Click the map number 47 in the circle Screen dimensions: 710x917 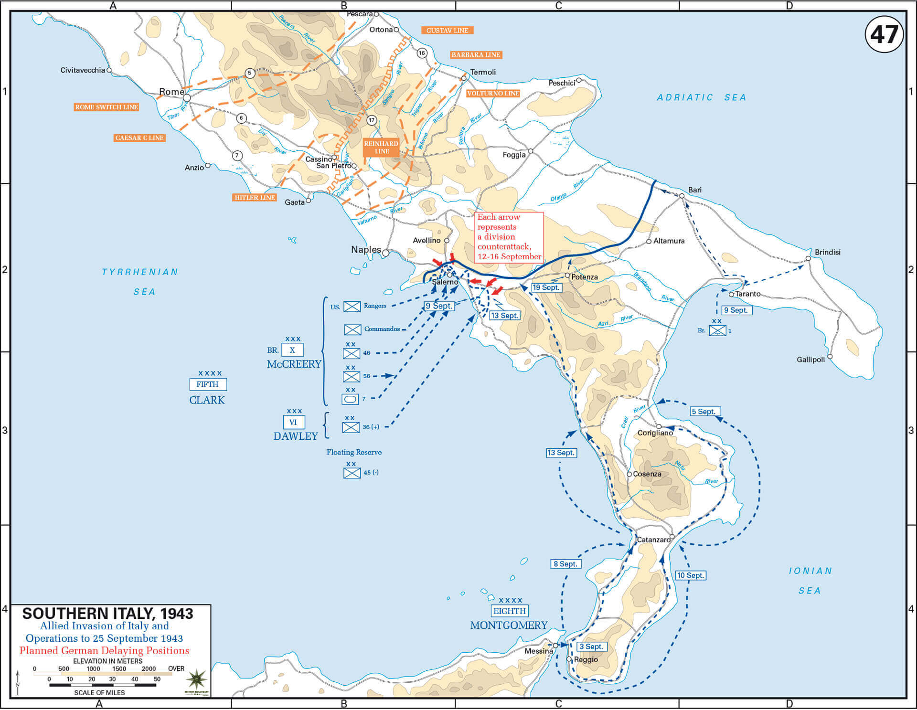pyautogui.click(x=884, y=34)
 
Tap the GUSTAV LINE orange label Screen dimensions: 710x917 pyautogui.click(x=447, y=30)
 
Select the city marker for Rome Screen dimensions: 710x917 pyautogui.click(x=187, y=98)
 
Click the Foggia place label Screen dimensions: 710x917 pyautogui.click(x=514, y=155)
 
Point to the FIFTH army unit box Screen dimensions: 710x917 pyautogui.click(x=208, y=384)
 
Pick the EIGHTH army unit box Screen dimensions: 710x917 pyautogui.click(x=510, y=611)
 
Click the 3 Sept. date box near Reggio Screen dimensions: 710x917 pyautogui.click(x=592, y=646)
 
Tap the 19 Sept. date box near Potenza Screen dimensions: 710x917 pyautogui.click(x=546, y=287)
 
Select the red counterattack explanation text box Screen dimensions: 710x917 pyautogui.click(x=510, y=237)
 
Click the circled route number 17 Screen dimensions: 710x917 pyautogui.click(x=372, y=120)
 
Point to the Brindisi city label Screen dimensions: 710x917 pyautogui.click(x=828, y=252)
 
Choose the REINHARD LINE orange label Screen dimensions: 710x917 pyautogui.click(x=381, y=147)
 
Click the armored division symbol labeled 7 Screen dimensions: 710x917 pyautogui.click(x=351, y=399)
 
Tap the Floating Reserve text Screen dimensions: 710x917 pyautogui.click(x=354, y=452)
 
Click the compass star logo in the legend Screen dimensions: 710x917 pyautogui.click(x=197, y=679)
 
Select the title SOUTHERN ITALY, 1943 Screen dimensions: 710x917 pyautogui.click(x=107, y=614)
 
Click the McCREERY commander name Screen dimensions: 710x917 pyautogui.click(x=294, y=364)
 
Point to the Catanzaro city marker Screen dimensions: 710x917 pyautogui.click(x=672, y=537)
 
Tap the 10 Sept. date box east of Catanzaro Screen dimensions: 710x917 pyautogui.click(x=691, y=575)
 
